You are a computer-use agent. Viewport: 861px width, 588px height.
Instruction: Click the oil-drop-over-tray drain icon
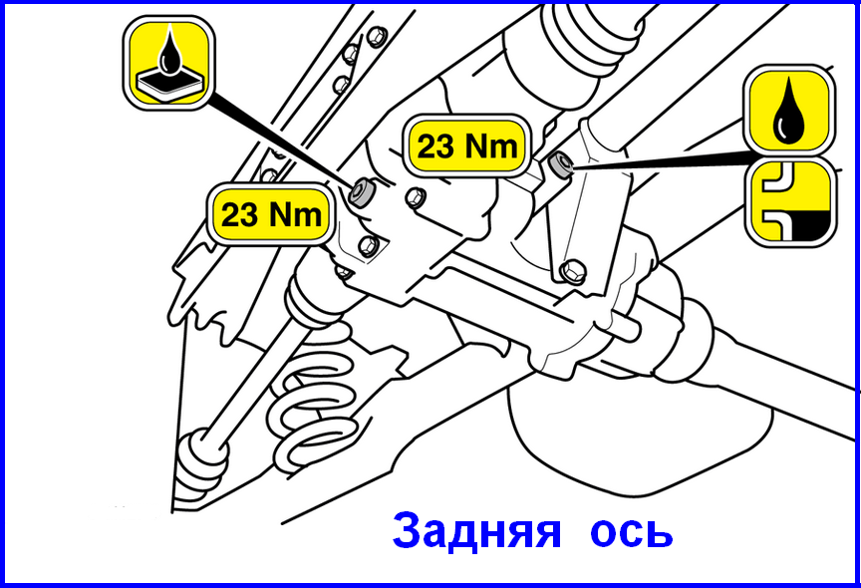[168, 63]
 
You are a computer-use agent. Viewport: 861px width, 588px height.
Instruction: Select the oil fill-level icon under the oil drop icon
[790, 202]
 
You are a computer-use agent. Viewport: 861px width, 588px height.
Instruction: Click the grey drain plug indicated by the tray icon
[363, 192]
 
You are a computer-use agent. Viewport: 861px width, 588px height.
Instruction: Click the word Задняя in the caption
[477, 530]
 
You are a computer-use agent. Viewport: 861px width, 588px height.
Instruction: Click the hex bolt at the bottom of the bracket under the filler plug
[573, 271]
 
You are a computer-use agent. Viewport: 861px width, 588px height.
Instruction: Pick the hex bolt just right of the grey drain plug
[416, 197]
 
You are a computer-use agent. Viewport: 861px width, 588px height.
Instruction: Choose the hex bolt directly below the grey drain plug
[368, 245]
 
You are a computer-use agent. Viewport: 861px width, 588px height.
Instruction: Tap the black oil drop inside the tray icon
[168, 51]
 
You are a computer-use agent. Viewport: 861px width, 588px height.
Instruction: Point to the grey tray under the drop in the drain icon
[168, 84]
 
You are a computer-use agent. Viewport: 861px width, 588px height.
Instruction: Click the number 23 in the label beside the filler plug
[435, 147]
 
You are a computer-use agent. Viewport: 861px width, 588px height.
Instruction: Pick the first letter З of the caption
[407, 531]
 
